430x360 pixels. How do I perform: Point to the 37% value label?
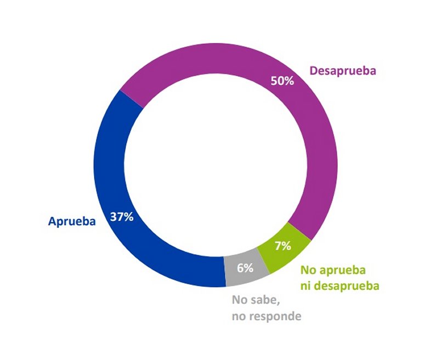(121, 216)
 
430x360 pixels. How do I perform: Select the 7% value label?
(282, 245)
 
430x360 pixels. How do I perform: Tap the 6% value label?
(245, 268)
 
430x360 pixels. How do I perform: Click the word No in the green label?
(308, 271)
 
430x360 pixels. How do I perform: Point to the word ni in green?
(306, 285)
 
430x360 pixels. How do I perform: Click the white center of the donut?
(214, 165)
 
